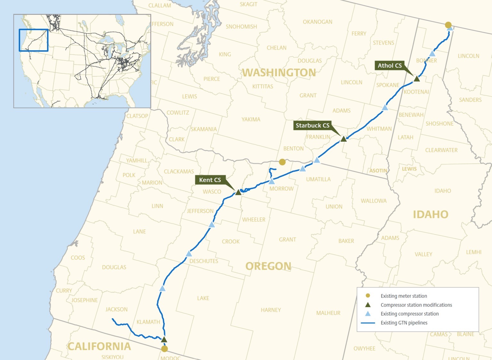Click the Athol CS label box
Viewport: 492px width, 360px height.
click(389, 66)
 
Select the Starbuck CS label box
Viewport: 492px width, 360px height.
click(312, 125)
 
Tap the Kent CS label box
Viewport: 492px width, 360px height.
click(210, 180)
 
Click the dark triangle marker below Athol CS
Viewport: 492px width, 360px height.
click(416, 79)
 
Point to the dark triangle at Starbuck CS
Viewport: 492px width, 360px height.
click(343, 139)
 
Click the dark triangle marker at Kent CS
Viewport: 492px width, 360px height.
click(238, 192)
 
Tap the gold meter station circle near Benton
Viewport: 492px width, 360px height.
click(282, 162)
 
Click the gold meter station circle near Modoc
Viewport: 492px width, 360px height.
click(164, 349)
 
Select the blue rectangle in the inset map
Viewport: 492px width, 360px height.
click(34, 40)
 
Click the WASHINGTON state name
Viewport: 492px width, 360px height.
click(279, 73)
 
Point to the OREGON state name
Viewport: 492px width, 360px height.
click(268, 266)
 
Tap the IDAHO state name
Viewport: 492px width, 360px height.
click(430, 214)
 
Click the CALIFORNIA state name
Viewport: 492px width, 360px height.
click(99, 346)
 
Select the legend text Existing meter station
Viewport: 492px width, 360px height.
click(404, 296)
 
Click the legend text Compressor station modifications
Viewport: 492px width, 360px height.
click(416, 305)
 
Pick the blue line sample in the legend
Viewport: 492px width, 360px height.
click(368, 323)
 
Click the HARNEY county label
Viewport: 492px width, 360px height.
click(271, 310)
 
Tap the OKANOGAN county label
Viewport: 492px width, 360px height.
click(317, 22)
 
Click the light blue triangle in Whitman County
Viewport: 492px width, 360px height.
click(385, 108)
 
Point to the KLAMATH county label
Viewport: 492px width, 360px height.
click(148, 322)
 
